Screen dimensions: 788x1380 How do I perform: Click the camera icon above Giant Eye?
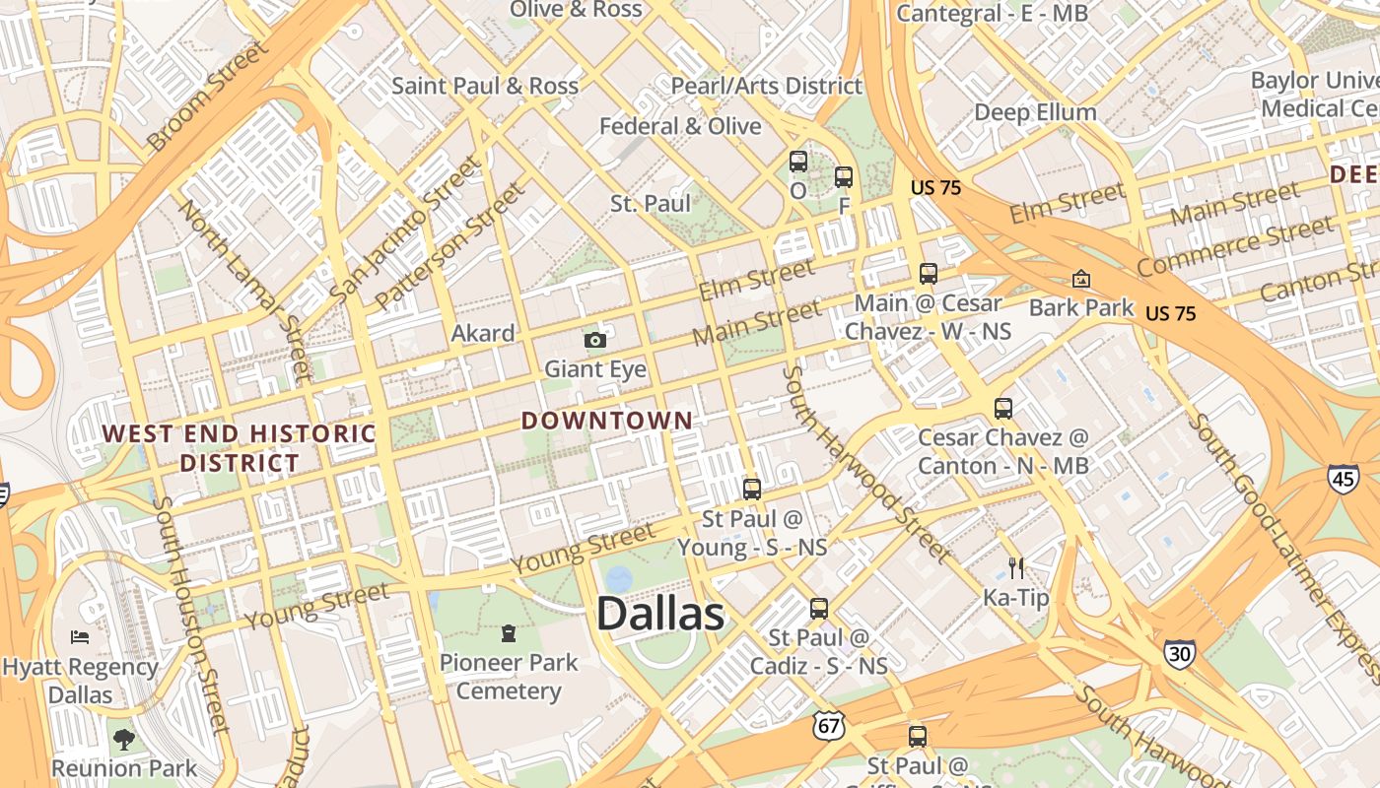tap(594, 340)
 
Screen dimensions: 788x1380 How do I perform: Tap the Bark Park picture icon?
tap(1081, 280)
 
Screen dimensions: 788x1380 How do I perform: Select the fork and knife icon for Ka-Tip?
tap(1016, 567)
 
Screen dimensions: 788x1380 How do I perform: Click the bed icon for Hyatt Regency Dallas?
tap(80, 637)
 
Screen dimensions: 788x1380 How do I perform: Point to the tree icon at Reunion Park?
tap(123, 739)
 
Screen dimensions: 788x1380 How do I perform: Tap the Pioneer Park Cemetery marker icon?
tap(509, 632)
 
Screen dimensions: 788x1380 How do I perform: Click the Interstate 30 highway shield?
tap(1179, 654)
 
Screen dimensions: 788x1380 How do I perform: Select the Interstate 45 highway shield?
tap(1343, 480)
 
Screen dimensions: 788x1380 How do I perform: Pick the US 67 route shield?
tap(829, 726)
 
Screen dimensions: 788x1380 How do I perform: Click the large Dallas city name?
tap(660, 614)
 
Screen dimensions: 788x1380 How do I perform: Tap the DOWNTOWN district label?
tap(606, 421)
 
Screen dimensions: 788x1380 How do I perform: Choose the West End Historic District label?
tap(240, 447)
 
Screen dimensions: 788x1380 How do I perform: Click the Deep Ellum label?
tap(1035, 112)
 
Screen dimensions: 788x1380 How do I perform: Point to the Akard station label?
tap(483, 333)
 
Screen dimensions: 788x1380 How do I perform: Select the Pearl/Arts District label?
tap(767, 86)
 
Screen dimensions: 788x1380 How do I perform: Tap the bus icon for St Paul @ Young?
tap(752, 489)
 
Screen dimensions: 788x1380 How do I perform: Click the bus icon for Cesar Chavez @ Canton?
tap(1003, 408)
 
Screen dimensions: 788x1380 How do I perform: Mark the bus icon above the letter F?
tap(844, 177)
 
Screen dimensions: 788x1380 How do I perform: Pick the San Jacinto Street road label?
tap(405, 230)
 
